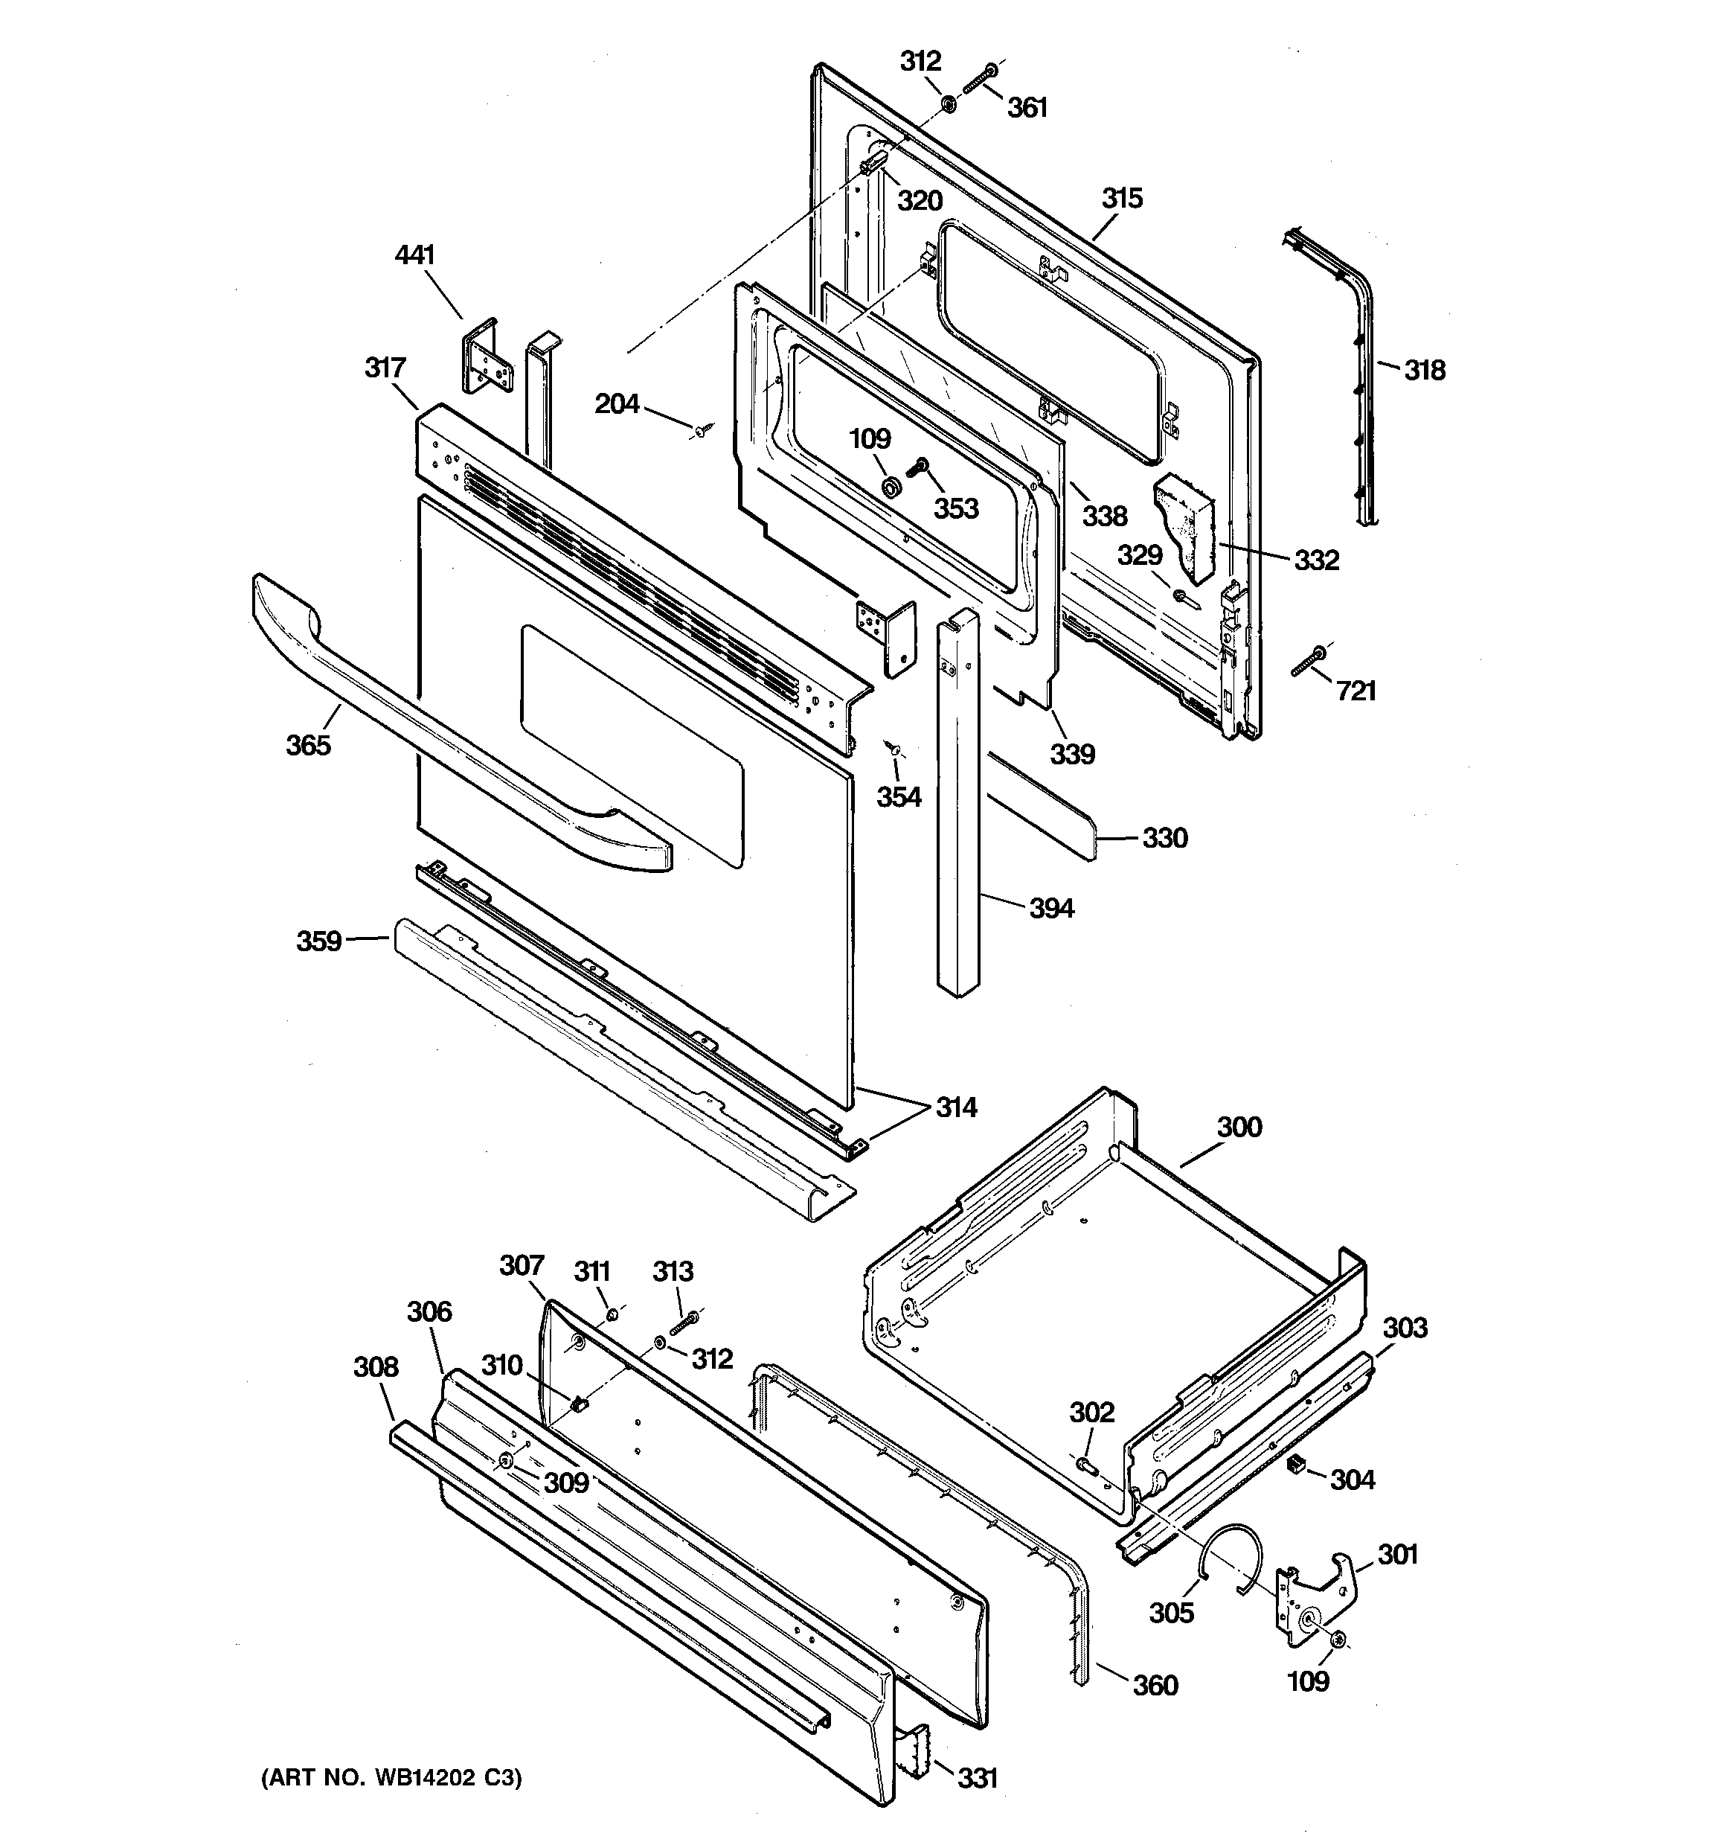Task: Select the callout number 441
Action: coord(415,255)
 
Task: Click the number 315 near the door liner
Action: coord(1122,198)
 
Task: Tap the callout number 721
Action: coord(1356,691)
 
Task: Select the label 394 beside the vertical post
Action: coord(1051,908)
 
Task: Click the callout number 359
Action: coord(318,941)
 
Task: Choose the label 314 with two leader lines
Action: coord(955,1107)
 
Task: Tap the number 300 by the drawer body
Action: coord(1239,1128)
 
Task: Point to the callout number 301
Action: coord(1397,1553)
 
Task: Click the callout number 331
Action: coord(978,1777)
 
